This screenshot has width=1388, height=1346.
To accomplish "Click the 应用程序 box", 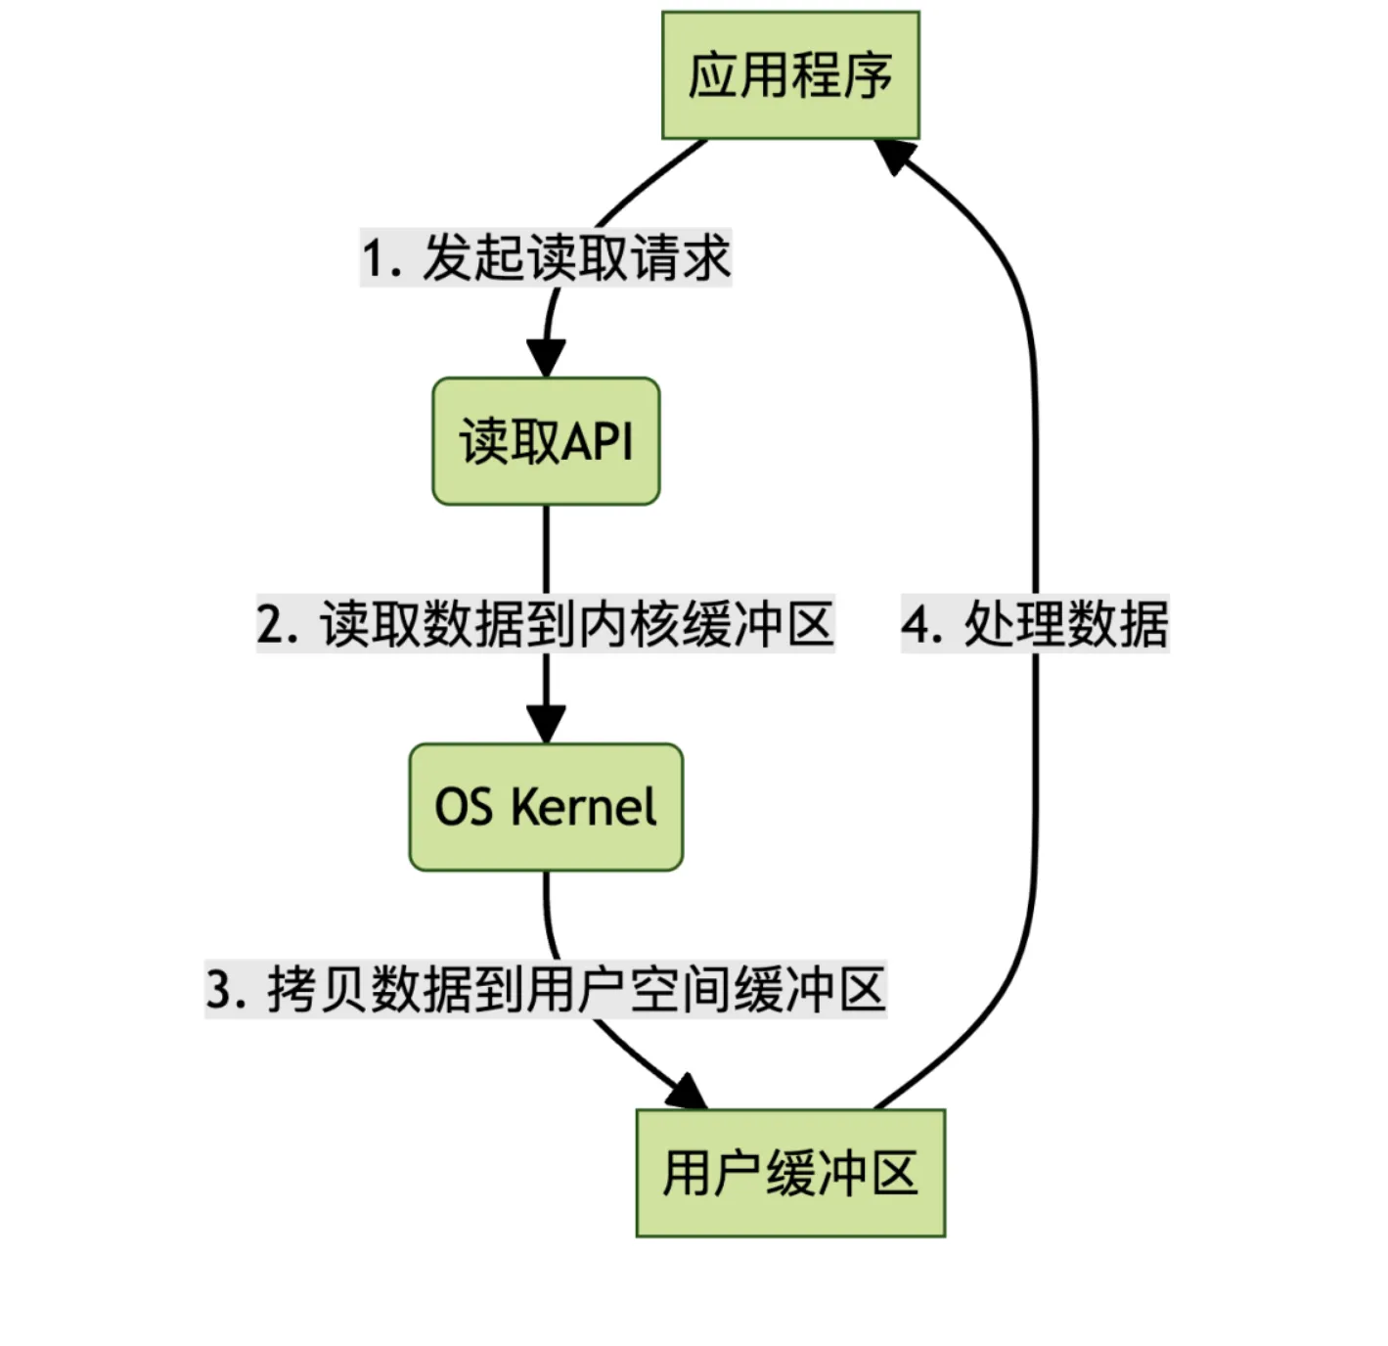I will pos(790,75).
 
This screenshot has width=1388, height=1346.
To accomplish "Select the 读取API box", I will pos(546,441).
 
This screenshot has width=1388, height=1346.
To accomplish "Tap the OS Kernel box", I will pos(546,807).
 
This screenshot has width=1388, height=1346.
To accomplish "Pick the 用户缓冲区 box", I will pos(790,1173).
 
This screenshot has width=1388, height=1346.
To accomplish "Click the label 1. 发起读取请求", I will pos(546,258).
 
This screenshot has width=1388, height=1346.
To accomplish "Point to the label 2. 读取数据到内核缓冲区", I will pos(546,624).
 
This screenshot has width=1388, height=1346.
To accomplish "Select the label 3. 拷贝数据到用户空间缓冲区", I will pos(546,990).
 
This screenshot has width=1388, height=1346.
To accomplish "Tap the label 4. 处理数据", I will pos(1035,624).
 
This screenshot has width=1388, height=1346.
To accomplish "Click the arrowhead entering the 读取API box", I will pos(546,359).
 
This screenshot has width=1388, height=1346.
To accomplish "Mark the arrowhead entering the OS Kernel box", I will pos(546,725).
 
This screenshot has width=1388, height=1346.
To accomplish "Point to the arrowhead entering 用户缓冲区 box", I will pos(688,1093).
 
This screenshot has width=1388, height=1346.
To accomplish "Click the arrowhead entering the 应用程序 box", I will pos(894,156).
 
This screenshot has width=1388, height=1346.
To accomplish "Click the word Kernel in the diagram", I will pos(584,807).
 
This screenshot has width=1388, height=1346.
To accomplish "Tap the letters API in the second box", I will pos(598,441).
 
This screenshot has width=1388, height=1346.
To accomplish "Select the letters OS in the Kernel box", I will pos(463,807).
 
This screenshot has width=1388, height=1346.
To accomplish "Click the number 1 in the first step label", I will pos(373,259).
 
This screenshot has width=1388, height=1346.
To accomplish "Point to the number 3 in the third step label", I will pos(218,990).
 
